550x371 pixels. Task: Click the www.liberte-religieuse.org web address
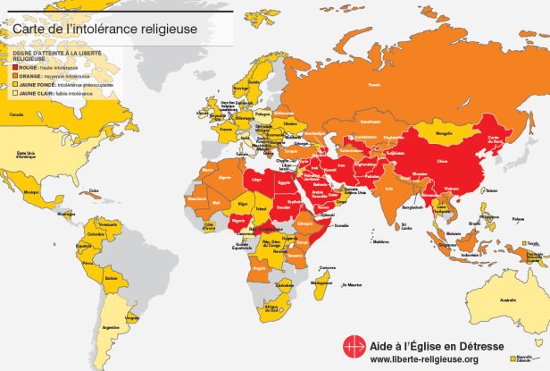[x=423, y=358]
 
